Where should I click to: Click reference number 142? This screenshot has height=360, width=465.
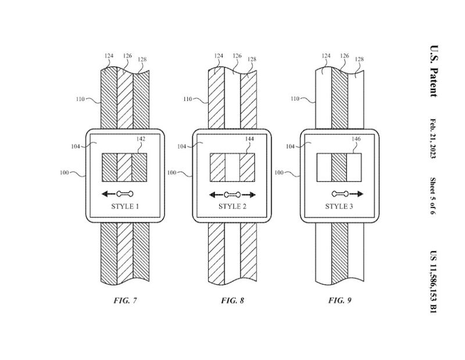pos(140,139)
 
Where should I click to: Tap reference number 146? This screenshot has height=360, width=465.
pos(356,139)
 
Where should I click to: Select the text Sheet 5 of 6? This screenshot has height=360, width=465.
pos(433,196)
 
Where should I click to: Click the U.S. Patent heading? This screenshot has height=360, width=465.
pos(433,72)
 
